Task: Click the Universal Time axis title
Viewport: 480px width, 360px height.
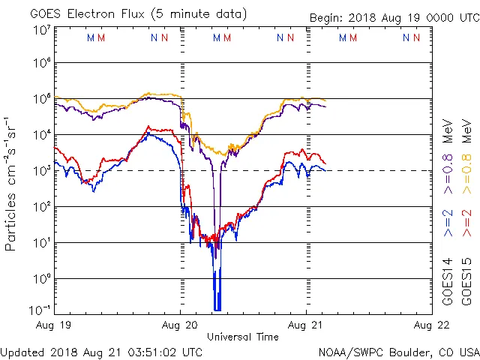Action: click(243, 337)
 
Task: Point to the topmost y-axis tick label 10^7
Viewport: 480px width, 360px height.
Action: click(41, 29)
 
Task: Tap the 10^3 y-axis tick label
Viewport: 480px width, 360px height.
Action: click(41, 170)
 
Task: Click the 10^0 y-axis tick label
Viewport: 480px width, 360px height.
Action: click(41, 278)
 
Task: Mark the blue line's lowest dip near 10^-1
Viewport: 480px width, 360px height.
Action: click(217, 308)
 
